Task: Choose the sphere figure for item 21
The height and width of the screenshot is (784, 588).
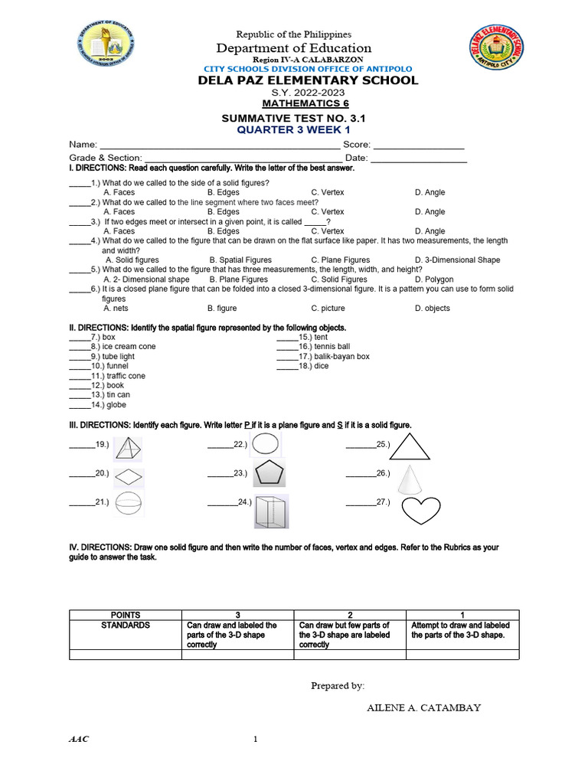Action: tap(129, 504)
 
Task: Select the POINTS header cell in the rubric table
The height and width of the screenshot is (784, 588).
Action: tap(125, 615)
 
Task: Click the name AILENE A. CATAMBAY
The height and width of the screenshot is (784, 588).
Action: tap(424, 707)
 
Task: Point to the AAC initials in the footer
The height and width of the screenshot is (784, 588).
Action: tap(79, 740)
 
